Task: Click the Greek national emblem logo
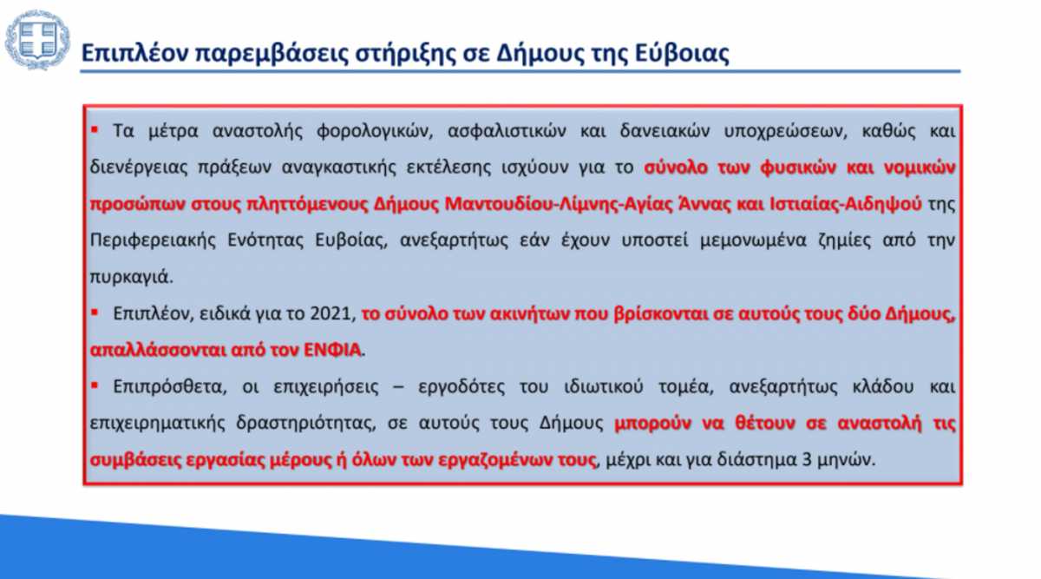click(x=37, y=39)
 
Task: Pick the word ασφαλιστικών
click(x=507, y=131)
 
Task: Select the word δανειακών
click(x=665, y=131)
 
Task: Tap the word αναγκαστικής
click(x=339, y=168)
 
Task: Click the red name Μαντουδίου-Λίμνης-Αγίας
click(x=559, y=204)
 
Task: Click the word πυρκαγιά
click(x=131, y=277)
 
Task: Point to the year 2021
click(x=330, y=313)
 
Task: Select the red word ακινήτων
click(x=530, y=314)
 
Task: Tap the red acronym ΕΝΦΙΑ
click(x=332, y=350)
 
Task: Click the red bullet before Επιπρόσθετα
click(x=95, y=385)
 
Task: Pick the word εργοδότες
click(x=461, y=387)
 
